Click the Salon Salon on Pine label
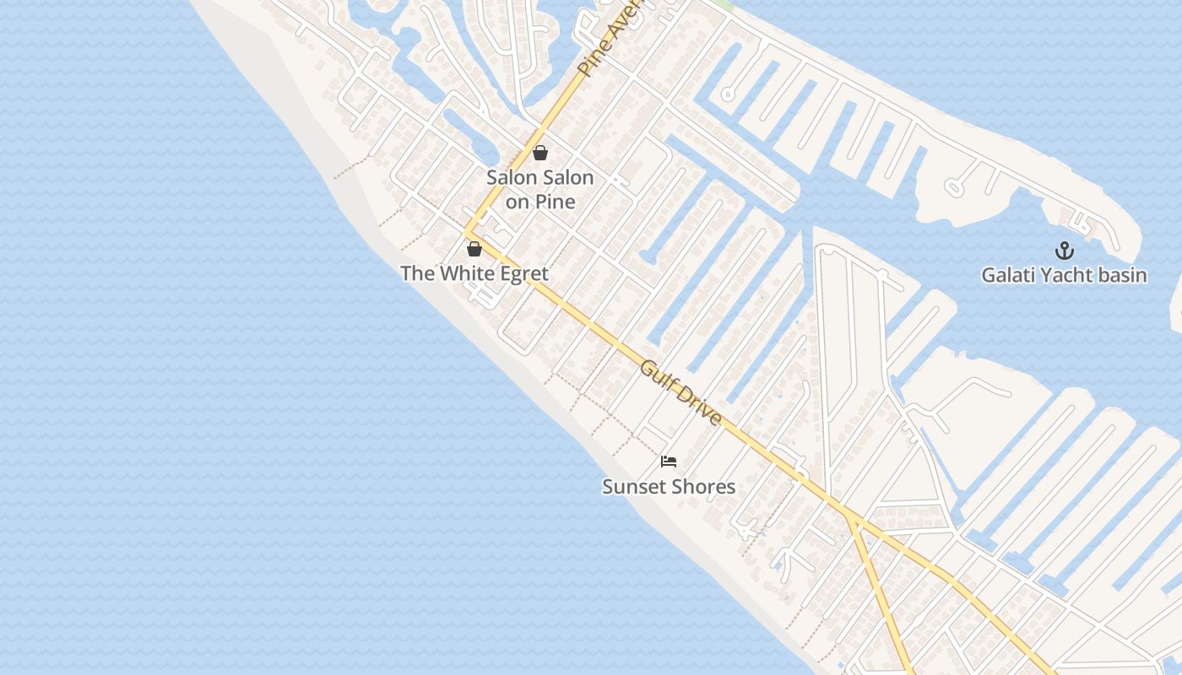click(x=540, y=189)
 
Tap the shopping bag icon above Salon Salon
click(x=540, y=153)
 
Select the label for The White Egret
click(x=474, y=273)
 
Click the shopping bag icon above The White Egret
click(x=474, y=249)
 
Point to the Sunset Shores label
click(x=669, y=487)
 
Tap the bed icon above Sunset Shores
click(x=669, y=462)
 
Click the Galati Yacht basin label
click(x=1064, y=275)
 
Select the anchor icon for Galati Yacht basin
click(x=1065, y=251)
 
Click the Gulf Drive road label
click(x=680, y=393)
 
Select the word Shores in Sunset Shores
click(x=704, y=487)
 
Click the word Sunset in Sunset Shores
click(x=633, y=487)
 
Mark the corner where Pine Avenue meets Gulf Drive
click(x=467, y=230)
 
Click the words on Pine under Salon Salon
click(x=540, y=202)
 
